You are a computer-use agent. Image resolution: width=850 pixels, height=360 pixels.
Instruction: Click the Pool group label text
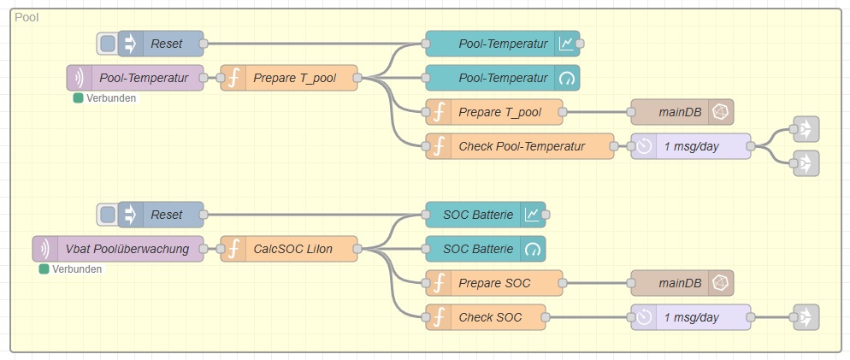[x=27, y=18]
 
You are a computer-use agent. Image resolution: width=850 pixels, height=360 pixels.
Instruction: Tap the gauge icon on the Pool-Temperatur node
[x=566, y=78]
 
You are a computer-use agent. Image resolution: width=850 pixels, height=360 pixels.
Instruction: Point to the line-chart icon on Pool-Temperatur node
[x=566, y=44]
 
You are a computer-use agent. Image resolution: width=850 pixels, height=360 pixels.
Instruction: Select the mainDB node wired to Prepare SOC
[x=682, y=283]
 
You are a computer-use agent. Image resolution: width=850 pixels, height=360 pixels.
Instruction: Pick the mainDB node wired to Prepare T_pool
[x=682, y=112]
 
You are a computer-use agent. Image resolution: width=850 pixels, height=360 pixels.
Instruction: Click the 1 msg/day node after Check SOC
[x=691, y=317]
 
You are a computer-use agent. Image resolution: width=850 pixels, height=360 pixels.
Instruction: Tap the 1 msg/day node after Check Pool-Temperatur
[x=691, y=146]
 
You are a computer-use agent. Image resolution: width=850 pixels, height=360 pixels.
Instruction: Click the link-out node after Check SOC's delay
[x=806, y=317]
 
